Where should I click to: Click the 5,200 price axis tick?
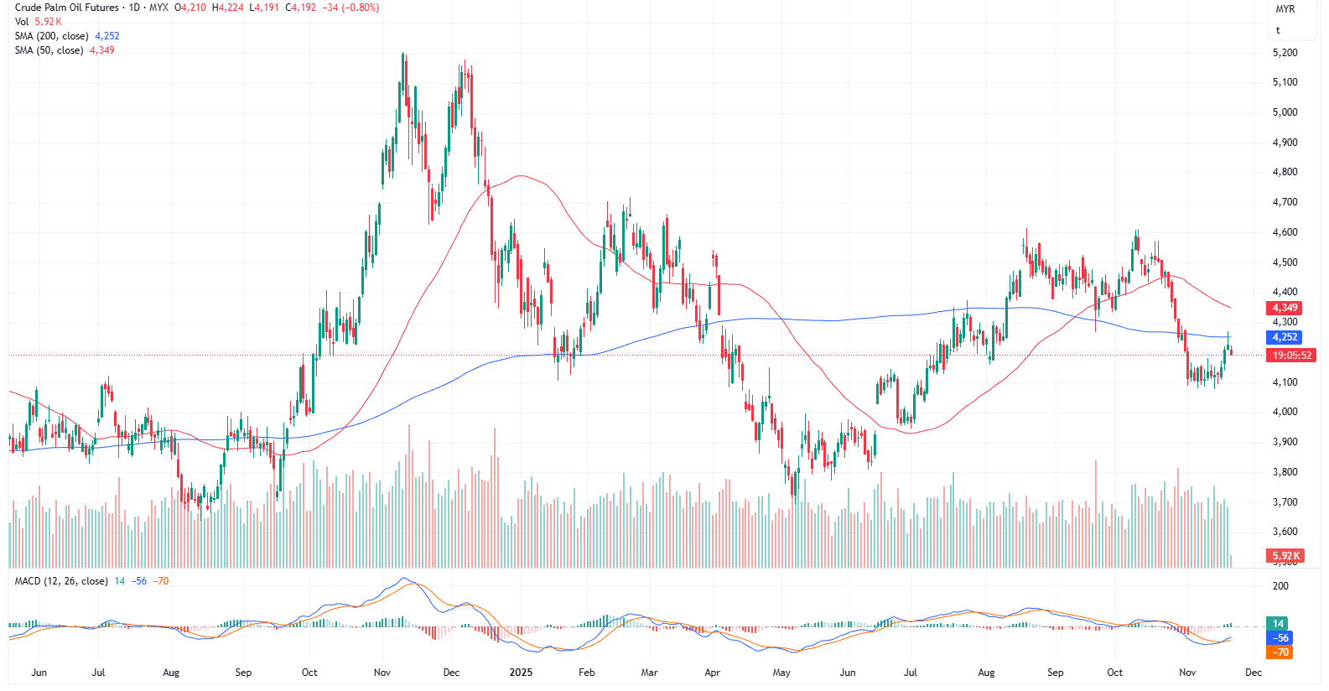pyautogui.click(x=1285, y=53)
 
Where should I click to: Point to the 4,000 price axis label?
pyautogui.click(x=1285, y=412)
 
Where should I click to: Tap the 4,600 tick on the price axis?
pyautogui.click(x=1285, y=232)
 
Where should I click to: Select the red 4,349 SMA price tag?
pyautogui.click(x=1285, y=308)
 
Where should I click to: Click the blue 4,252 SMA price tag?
pyautogui.click(x=1285, y=337)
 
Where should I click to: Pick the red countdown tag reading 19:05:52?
pyautogui.click(x=1292, y=356)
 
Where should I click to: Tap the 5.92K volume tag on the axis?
pyautogui.click(x=1285, y=556)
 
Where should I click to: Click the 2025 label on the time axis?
pyautogui.click(x=521, y=673)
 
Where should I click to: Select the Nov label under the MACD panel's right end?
pyautogui.click(x=1187, y=673)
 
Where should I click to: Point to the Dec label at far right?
pyautogui.click(x=1253, y=673)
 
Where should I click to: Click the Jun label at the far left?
pyautogui.click(x=39, y=673)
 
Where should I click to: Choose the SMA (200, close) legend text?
pyautogui.click(x=51, y=36)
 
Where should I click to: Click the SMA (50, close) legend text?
pyautogui.click(x=49, y=50)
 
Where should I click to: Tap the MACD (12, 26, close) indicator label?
pyautogui.click(x=61, y=581)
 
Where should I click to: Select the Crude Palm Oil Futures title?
pyautogui.click(x=67, y=8)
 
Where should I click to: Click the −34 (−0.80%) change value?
pyautogui.click(x=350, y=8)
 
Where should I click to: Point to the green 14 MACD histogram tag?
pyautogui.click(x=1278, y=623)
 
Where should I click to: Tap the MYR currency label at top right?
pyautogui.click(x=1285, y=9)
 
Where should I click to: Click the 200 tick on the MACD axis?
pyautogui.click(x=1280, y=586)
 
